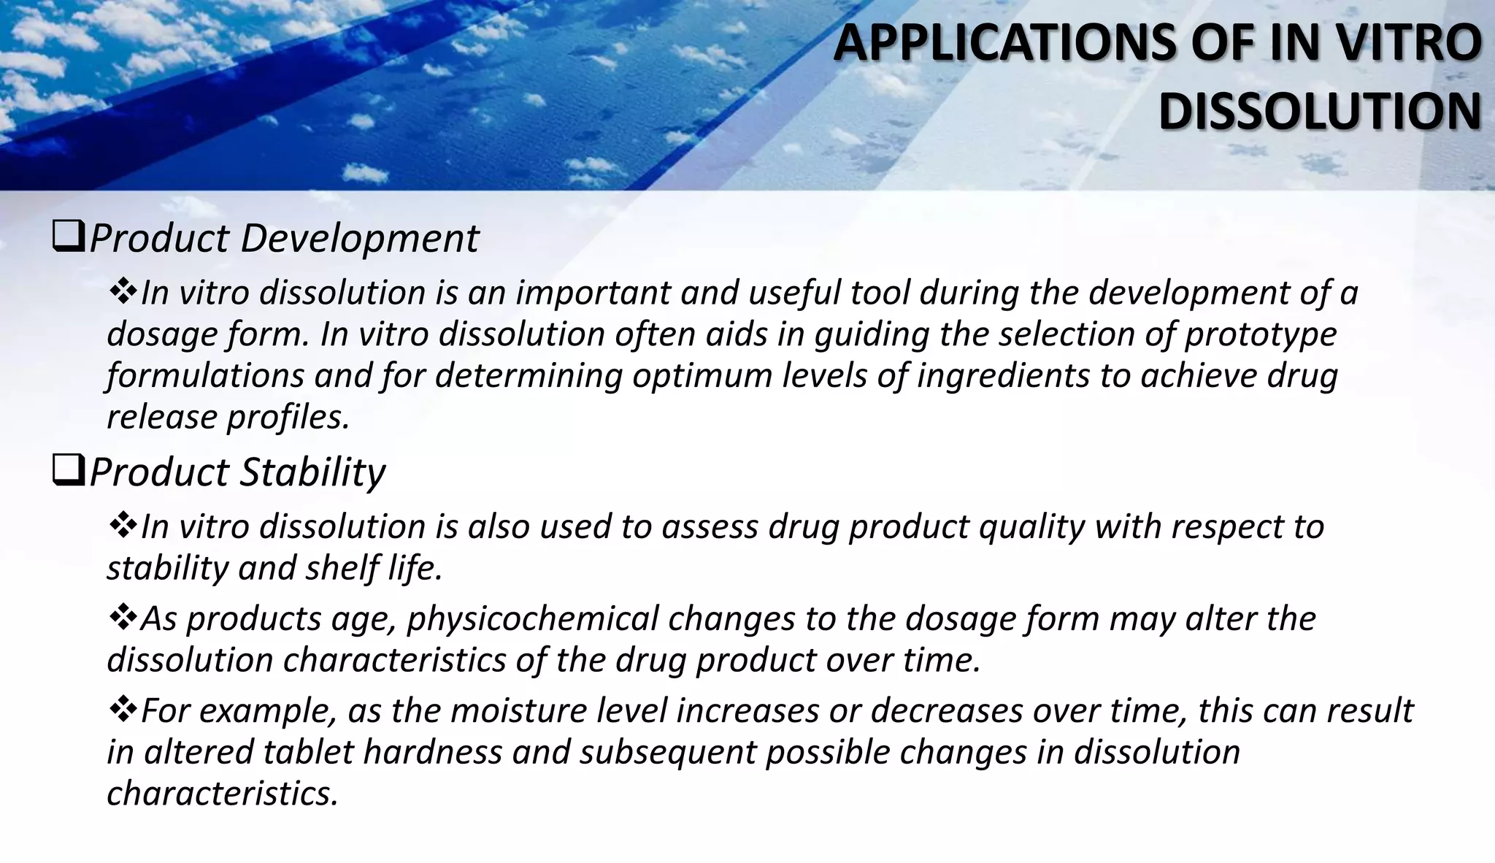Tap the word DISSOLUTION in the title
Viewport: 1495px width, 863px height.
click(x=1320, y=113)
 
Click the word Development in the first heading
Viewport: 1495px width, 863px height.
click(x=359, y=239)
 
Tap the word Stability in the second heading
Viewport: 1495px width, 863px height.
click(x=312, y=473)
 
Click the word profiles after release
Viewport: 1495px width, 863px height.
click(x=289, y=418)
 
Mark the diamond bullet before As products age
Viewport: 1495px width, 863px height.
click(x=121, y=618)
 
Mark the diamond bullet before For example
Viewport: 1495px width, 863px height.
click(x=121, y=710)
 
